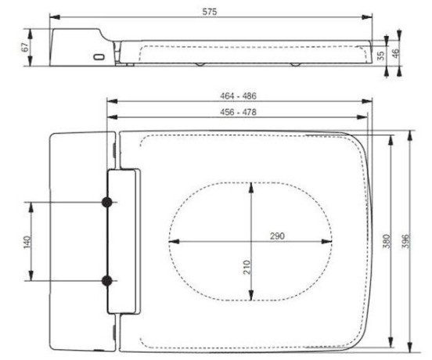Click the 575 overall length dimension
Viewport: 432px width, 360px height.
(x=210, y=12)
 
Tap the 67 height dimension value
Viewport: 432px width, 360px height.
(x=25, y=47)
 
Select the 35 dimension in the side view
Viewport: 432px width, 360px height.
(x=380, y=56)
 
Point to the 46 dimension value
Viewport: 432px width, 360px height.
(x=395, y=53)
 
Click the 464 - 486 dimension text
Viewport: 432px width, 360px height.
(x=238, y=95)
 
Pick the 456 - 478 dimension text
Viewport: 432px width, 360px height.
(x=238, y=112)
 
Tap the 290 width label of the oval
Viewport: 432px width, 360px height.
(x=277, y=236)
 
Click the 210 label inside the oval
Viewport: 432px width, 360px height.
(x=247, y=267)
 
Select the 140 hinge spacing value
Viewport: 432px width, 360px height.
(x=27, y=242)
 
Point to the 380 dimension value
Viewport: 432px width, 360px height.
(x=387, y=241)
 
